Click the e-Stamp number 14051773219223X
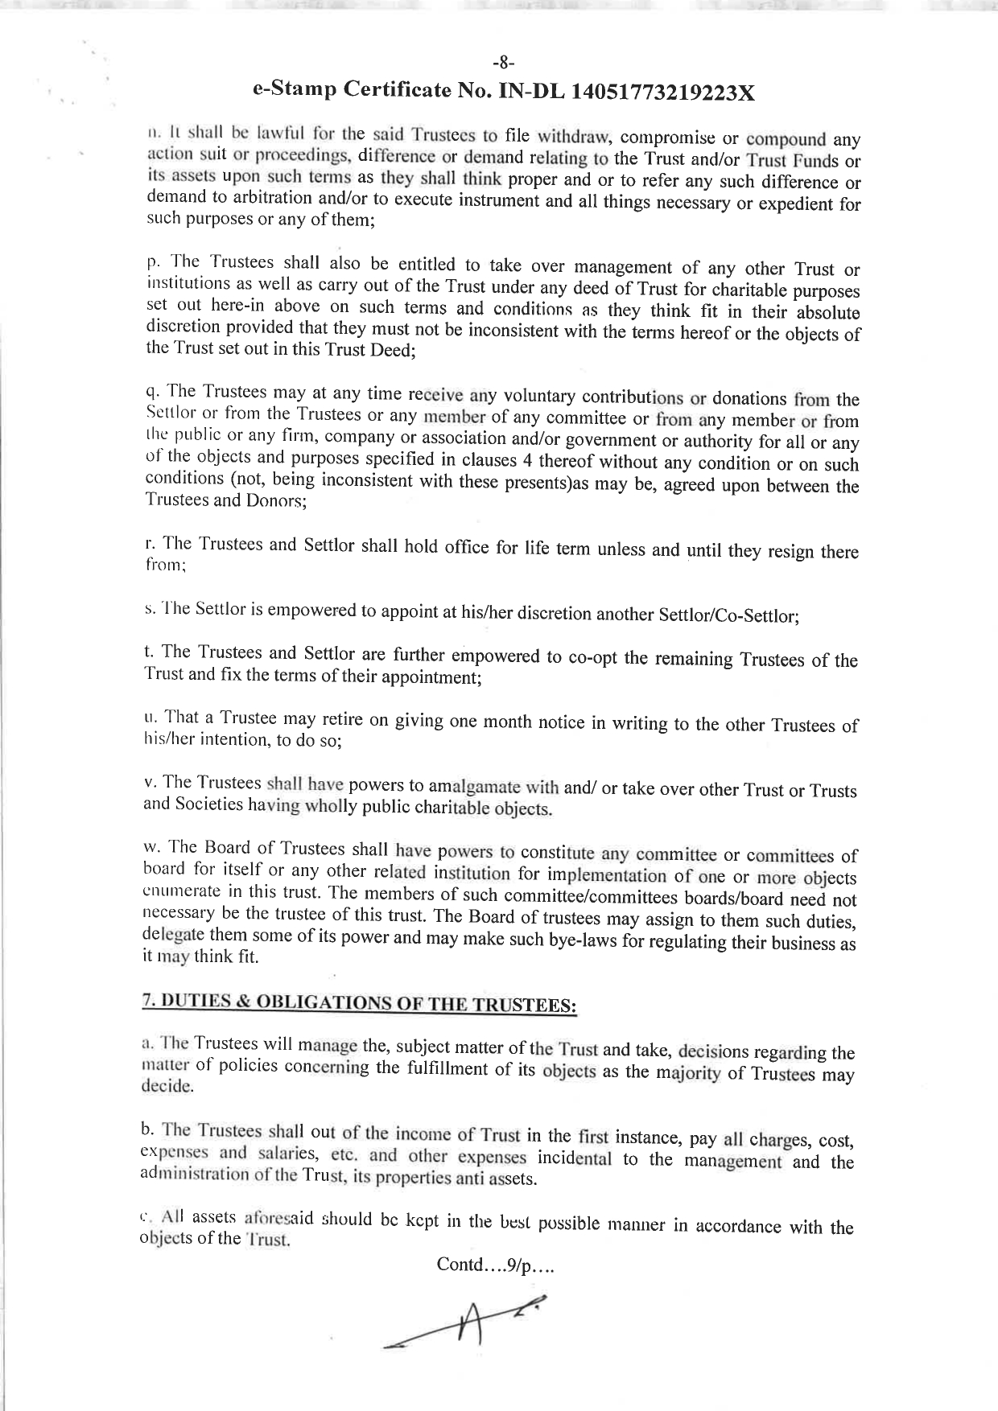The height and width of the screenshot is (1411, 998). (662, 91)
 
